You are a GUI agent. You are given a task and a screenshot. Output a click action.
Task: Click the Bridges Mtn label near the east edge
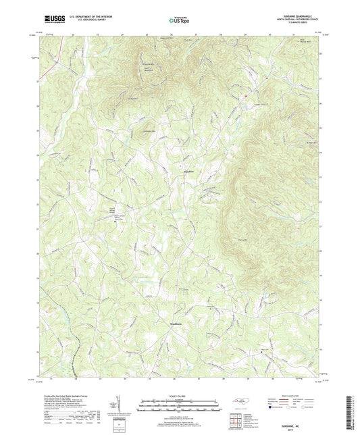click(310, 143)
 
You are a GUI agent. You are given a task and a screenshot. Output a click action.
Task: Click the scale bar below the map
click(180, 406)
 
